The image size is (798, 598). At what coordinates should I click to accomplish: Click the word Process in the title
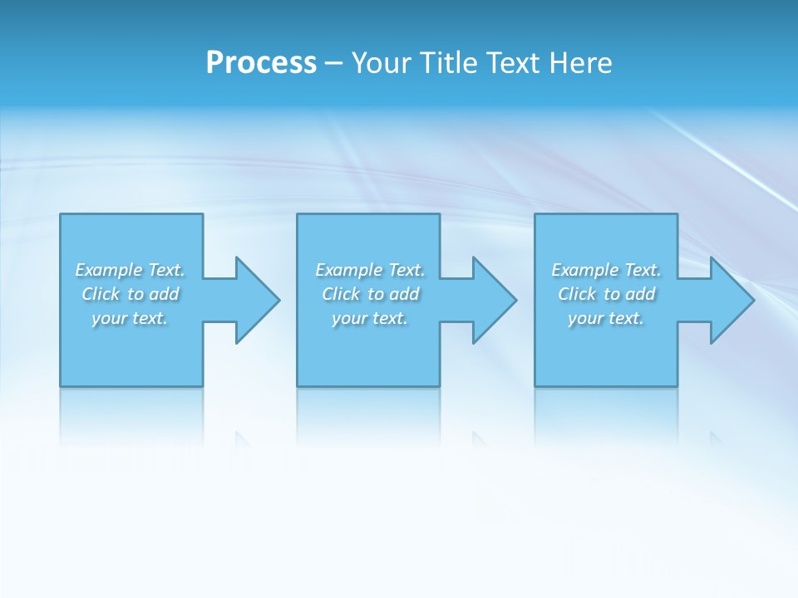261,63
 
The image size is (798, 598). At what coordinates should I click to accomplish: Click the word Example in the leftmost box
109,270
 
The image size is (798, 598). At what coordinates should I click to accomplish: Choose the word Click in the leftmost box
101,294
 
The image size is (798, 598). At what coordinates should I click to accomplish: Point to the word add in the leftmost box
165,294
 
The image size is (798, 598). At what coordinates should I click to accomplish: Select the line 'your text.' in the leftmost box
130,318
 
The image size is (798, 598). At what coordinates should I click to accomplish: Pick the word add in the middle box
405,294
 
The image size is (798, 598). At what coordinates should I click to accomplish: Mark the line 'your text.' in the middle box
370,318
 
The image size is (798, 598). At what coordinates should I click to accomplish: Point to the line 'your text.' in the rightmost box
606,318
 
